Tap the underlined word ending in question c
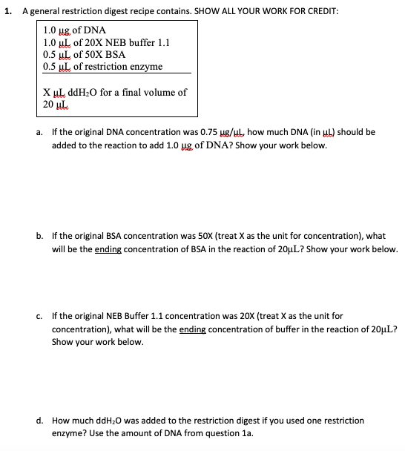pyautogui.click(x=194, y=329)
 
